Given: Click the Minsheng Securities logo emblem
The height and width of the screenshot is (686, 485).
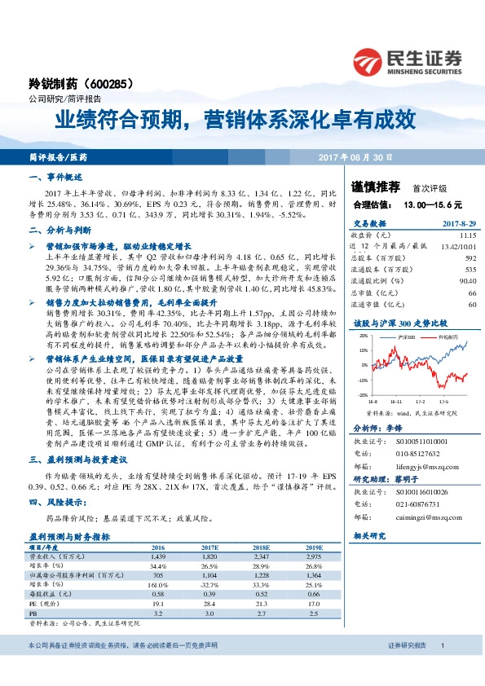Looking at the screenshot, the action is coord(368,59).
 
